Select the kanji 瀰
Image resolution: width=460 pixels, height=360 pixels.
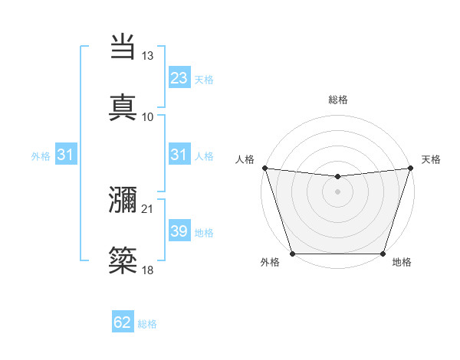click(x=123, y=201)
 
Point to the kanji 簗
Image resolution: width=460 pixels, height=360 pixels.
click(x=123, y=261)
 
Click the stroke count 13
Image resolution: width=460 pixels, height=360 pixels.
click(x=148, y=56)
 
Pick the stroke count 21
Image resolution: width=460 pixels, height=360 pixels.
click(x=148, y=208)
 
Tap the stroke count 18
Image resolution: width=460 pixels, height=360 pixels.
click(x=148, y=270)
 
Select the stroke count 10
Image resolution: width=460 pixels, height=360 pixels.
click(x=148, y=116)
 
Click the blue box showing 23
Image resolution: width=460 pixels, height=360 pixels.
click(x=179, y=78)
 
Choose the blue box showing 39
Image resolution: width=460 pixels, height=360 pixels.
click(x=179, y=231)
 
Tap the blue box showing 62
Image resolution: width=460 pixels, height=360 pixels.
click(x=123, y=323)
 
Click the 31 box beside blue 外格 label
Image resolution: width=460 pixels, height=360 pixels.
click(x=66, y=155)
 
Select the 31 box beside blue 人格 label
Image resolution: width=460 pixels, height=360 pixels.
click(x=179, y=155)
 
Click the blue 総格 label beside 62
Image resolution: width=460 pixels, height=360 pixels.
click(x=147, y=324)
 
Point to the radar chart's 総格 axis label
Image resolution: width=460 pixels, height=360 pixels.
click(x=338, y=100)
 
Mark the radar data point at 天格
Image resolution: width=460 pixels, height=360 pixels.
click(x=410, y=168)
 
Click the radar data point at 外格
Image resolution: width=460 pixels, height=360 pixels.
click(x=293, y=254)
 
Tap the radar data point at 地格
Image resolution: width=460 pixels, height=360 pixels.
click(x=383, y=254)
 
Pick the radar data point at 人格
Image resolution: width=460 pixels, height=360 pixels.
click(x=264, y=168)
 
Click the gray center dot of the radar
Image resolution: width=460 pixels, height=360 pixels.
click(x=337, y=191)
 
